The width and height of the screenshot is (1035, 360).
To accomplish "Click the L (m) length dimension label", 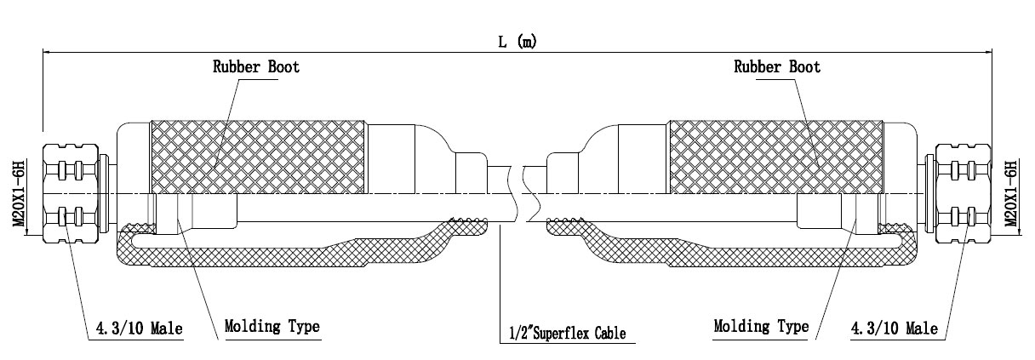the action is tap(517, 42).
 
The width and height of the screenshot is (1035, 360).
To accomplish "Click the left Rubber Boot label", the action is tap(256, 67).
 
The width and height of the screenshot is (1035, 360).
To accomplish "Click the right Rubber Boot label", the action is tap(777, 67).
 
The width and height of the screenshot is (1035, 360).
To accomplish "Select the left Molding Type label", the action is tap(272, 326).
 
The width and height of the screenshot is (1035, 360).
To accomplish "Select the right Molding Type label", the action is tap(761, 326).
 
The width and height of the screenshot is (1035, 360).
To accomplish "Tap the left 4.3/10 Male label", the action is tap(139, 329).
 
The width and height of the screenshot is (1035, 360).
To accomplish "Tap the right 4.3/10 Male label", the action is tap(895, 329).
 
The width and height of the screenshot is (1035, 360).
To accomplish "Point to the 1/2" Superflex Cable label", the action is tap(568, 333).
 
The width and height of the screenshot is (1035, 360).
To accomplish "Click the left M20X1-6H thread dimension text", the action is tap(19, 193).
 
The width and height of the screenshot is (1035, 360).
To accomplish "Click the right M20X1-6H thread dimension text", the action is tap(1012, 193).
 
